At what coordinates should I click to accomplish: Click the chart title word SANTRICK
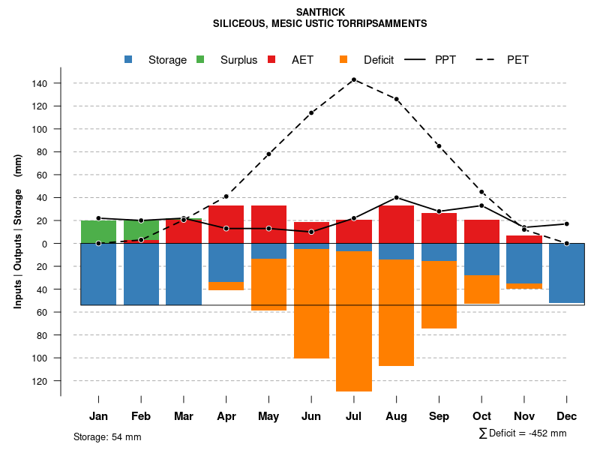[319, 12]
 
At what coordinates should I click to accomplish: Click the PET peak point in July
[353, 79]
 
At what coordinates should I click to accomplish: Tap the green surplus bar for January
[98, 232]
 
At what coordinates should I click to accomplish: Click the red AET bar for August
[396, 224]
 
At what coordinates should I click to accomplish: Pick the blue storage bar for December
[566, 273]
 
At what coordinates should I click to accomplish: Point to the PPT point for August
[396, 198]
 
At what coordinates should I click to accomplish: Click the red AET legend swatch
[272, 60]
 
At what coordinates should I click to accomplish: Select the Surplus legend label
[238, 60]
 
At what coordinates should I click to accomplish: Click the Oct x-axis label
[481, 416]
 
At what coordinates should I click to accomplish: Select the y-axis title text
[18, 232]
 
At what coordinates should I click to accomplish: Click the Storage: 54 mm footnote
[107, 436]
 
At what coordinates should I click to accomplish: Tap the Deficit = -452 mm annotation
[523, 433]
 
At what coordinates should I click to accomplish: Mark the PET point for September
[439, 146]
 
